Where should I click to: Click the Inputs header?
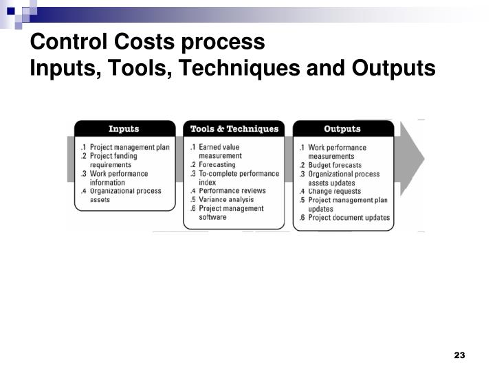(124, 129)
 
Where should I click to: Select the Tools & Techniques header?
(234, 129)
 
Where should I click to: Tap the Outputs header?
(342, 129)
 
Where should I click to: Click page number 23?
(460, 355)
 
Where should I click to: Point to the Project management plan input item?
(129, 147)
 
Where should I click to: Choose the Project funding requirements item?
(113, 160)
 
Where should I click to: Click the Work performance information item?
(118, 178)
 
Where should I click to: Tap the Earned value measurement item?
(219, 151)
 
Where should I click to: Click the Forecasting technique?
(217, 165)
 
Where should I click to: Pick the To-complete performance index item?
(234, 178)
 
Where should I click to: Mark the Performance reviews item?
(232, 191)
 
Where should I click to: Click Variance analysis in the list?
(226, 200)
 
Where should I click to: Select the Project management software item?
(230, 213)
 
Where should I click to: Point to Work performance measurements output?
(337, 152)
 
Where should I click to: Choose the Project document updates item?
(349, 218)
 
